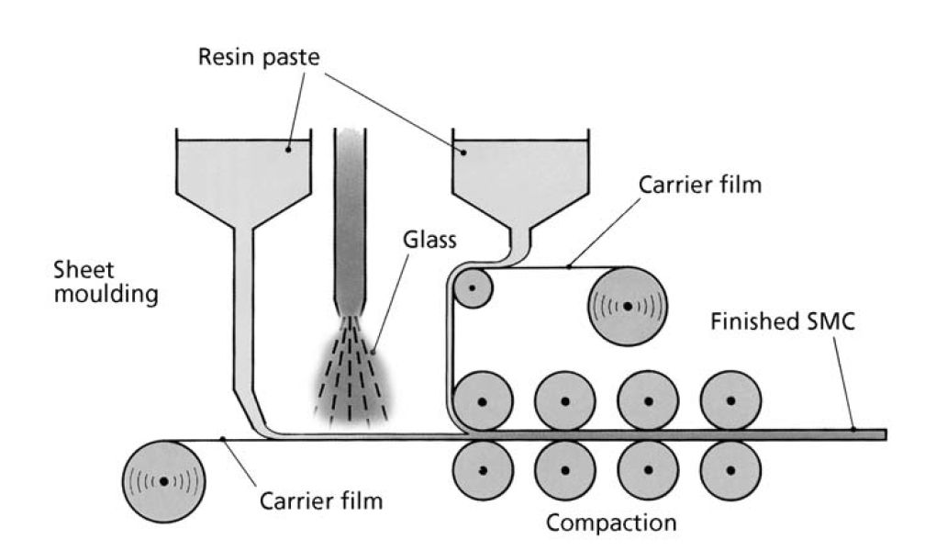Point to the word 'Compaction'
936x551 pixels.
click(611, 523)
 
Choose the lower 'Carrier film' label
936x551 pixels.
click(321, 501)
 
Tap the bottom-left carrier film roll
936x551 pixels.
click(164, 480)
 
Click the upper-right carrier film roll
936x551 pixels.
click(628, 306)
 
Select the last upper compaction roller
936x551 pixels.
click(730, 400)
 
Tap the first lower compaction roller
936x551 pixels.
click(483, 470)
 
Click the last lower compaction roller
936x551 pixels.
click(730, 469)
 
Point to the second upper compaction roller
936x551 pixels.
click(565, 401)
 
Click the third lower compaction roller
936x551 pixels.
click(648, 469)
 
